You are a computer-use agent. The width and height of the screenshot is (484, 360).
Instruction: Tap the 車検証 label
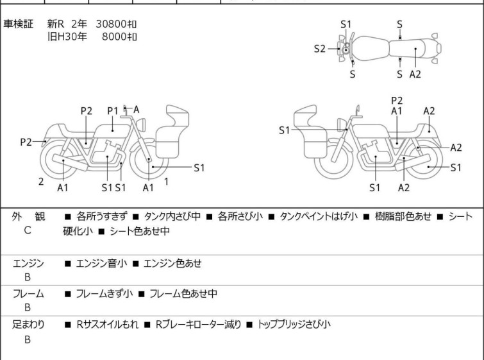coord(18,24)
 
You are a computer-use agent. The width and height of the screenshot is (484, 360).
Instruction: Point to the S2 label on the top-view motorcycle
coord(319,49)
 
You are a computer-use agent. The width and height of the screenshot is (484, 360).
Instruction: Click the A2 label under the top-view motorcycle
coord(415,74)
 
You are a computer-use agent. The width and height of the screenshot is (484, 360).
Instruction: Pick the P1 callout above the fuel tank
coord(113,111)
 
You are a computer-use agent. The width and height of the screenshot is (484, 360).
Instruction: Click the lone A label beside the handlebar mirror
coord(136,109)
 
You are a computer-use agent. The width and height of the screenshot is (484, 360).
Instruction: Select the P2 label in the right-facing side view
coord(397,101)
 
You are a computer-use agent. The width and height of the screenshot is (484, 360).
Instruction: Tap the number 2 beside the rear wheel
coord(41,182)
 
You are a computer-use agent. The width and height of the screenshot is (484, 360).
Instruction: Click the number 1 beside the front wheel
coord(167,182)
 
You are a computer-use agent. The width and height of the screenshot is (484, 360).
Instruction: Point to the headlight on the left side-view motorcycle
coord(142,125)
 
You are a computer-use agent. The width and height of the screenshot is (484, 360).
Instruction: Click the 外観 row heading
coord(28,216)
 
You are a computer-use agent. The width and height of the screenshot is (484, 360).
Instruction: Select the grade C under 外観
coord(28,230)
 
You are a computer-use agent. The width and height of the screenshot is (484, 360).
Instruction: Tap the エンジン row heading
coord(28,263)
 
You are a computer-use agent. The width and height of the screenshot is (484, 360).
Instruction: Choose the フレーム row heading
coord(28,293)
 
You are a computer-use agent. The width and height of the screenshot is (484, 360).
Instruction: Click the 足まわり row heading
coord(28,325)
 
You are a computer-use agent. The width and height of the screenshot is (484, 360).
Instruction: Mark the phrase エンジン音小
coord(101,263)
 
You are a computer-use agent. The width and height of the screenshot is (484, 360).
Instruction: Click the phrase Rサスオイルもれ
coord(107,325)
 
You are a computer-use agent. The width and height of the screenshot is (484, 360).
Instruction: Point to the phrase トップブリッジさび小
coord(294,325)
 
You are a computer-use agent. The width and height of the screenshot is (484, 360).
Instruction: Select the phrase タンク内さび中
coord(172,216)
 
